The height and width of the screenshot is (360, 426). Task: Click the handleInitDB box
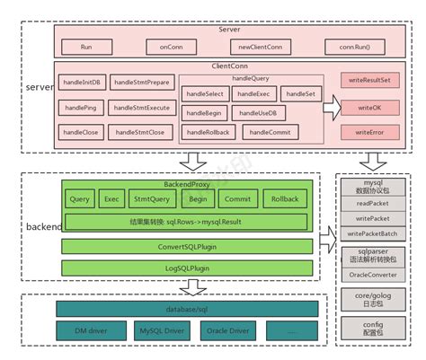(x=83, y=83)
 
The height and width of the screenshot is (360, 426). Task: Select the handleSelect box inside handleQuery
(x=205, y=93)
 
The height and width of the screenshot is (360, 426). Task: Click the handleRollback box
(x=208, y=133)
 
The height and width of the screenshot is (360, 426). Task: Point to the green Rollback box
(x=284, y=198)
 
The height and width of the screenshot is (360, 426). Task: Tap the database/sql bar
(x=187, y=309)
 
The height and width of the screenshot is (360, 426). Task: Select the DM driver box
(x=85, y=332)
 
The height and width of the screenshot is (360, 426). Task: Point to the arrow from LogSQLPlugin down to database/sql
(x=191, y=287)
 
